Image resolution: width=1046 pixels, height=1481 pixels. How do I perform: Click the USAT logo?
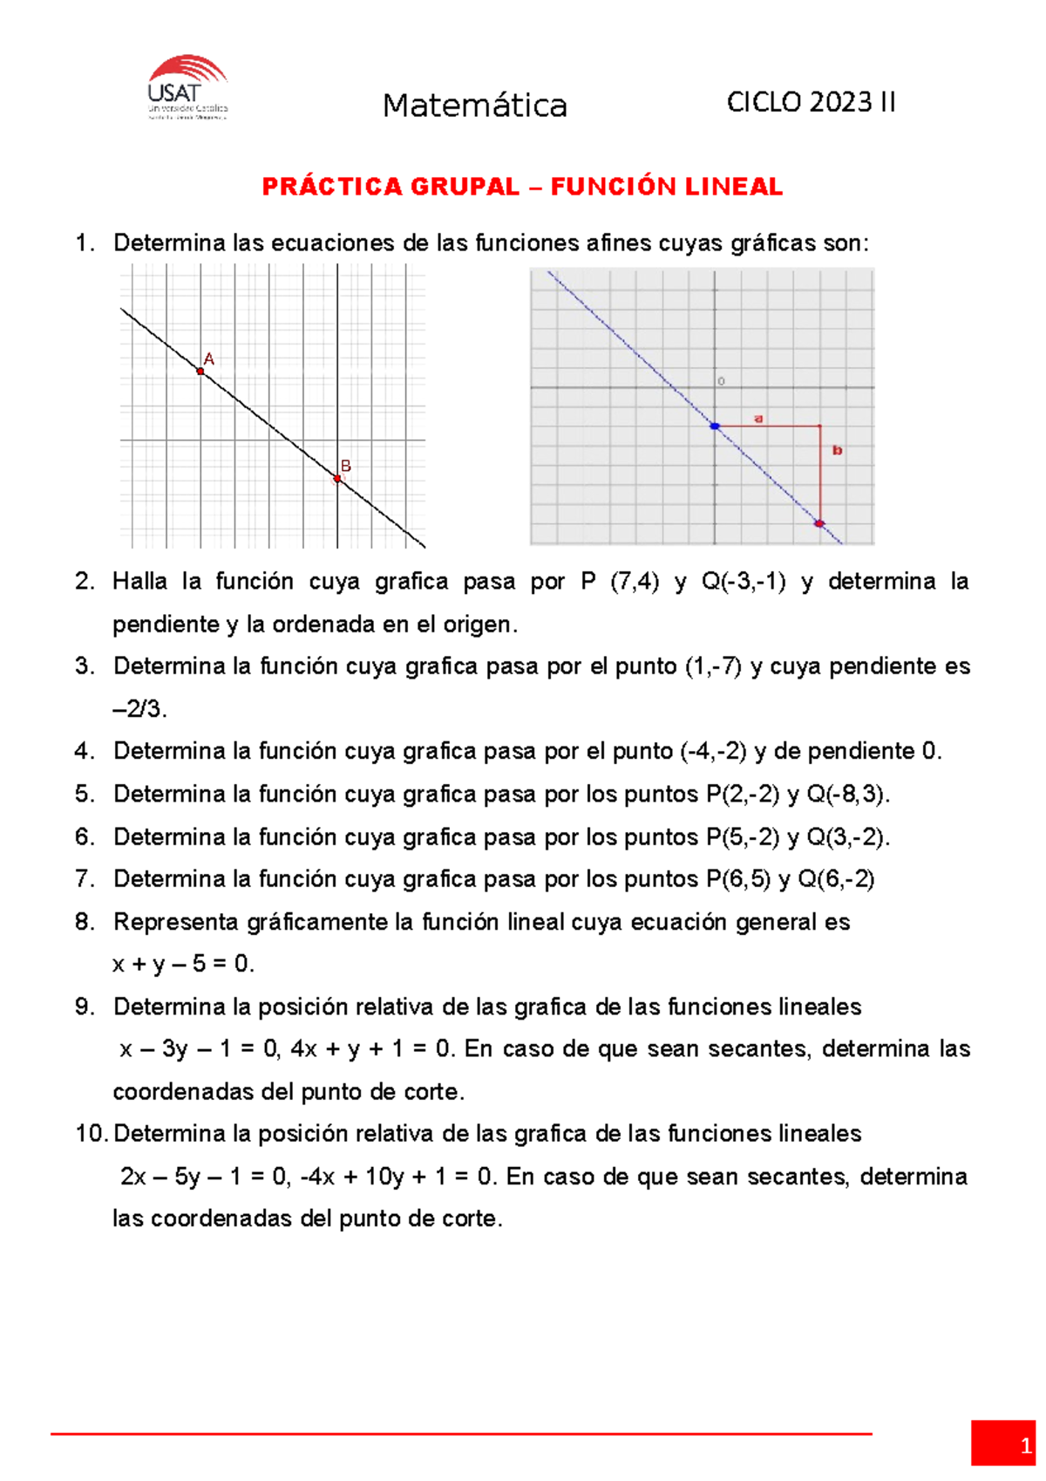(187, 87)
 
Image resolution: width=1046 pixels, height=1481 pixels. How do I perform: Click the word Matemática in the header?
(475, 106)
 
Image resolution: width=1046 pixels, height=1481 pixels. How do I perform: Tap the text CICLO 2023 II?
(811, 102)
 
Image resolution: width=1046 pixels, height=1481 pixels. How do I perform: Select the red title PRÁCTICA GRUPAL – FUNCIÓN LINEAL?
(522, 187)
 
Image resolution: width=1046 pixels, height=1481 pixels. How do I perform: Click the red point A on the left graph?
(200, 372)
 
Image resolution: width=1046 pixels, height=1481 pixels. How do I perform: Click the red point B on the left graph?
(337, 479)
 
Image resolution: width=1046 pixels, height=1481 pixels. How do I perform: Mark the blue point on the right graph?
(715, 427)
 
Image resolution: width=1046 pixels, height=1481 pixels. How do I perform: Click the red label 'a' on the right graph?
(758, 419)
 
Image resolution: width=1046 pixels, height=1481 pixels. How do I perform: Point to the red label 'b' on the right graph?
(837, 450)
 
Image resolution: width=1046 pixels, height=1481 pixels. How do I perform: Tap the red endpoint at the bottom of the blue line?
(819, 523)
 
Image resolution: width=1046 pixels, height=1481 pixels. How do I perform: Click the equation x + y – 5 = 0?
(183, 964)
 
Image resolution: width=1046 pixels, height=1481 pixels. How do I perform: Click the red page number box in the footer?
(1002, 1443)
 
